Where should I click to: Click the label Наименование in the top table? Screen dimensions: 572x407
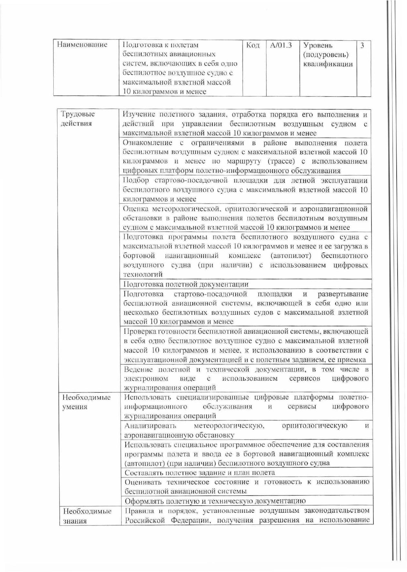82,45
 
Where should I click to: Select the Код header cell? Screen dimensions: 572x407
253,45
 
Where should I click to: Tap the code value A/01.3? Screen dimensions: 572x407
281,45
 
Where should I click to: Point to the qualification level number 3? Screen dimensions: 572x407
362,45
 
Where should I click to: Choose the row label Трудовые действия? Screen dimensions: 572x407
78,119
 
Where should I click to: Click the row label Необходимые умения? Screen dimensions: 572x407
86,402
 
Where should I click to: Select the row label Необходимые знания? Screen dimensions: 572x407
87,516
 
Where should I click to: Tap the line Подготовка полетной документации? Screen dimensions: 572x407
186,284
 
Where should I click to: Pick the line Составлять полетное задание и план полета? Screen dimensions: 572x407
200,473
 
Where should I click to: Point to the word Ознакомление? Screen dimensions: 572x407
147,143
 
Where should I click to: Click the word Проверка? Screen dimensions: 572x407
140,331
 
